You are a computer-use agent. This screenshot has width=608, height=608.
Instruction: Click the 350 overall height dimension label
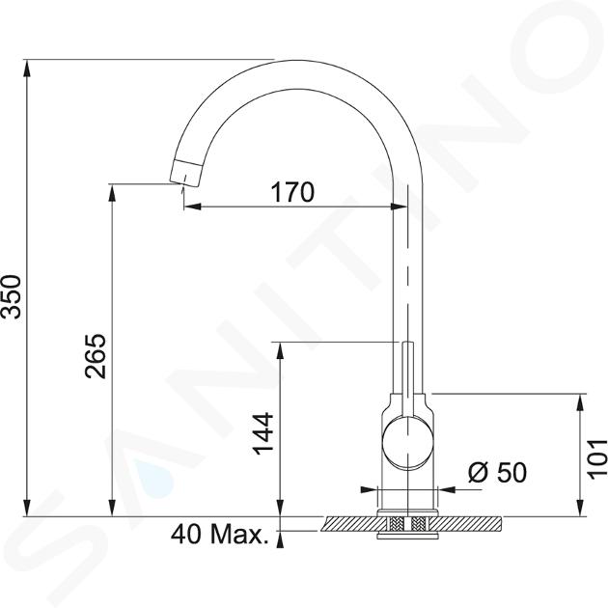pos(12,296)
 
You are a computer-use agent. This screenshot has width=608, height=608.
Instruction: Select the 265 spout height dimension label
pos(95,355)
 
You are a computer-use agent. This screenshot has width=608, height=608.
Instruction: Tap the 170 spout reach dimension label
pos(292,192)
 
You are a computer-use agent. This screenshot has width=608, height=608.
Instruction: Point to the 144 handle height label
pos(263,433)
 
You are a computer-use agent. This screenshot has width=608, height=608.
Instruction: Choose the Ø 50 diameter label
pos(497,472)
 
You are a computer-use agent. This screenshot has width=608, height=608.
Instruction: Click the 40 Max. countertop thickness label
pos(220,534)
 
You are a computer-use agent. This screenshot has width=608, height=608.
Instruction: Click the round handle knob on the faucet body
pos(407,441)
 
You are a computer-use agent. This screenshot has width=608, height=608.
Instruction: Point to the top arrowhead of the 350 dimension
pos(27,69)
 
